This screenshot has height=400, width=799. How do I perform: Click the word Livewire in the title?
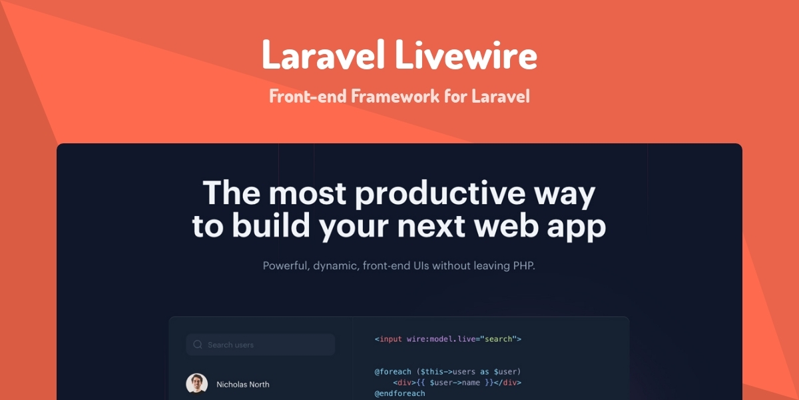click(x=466, y=55)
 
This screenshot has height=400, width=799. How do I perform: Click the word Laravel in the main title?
click(x=324, y=55)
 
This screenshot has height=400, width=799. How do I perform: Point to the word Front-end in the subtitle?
click(x=308, y=96)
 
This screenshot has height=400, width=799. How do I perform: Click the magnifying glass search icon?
click(x=197, y=345)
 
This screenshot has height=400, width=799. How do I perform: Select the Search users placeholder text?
click(x=230, y=345)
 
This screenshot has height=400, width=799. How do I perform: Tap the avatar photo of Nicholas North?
click(x=196, y=383)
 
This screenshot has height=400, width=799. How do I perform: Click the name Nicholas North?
click(x=243, y=384)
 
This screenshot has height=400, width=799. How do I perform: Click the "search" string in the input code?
click(x=498, y=339)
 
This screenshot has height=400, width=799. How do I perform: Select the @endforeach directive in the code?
click(x=400, y=394)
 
